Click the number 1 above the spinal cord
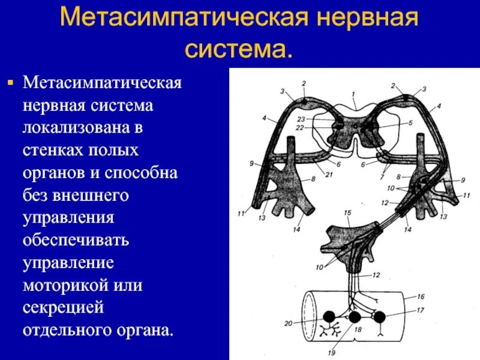(354, 94)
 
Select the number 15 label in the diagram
(347, 213)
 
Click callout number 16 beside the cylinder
(421, 296)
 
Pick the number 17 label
(421, 310)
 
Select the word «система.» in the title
(239, 47)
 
